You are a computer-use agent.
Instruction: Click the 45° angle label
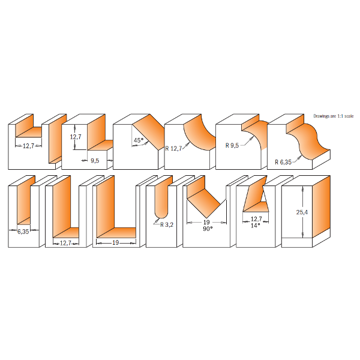tap(139, 140)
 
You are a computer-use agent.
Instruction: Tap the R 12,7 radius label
tap(173, 149)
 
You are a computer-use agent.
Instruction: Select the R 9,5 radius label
tap(232, 145)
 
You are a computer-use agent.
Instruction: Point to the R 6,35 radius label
tap(283, 162)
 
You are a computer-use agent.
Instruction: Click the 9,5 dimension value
tap(95, 160)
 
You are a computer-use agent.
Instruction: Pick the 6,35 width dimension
tap(23, 232)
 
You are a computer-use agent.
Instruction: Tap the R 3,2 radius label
tap(167, 225)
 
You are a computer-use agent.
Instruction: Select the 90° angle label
tap(208, 229)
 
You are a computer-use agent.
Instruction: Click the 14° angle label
tap(256, 226)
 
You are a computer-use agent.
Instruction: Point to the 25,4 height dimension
tap(302, 212)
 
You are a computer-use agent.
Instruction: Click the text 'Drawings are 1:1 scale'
tap(334, 116)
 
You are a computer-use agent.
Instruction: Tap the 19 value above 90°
tap(206, 222)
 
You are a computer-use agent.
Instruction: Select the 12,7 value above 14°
tap(256, 219)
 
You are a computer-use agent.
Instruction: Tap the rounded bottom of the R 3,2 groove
tap(161, 214)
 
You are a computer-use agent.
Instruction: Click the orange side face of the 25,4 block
tap(321, 206)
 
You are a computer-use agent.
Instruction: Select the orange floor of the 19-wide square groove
tap(116, 232)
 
